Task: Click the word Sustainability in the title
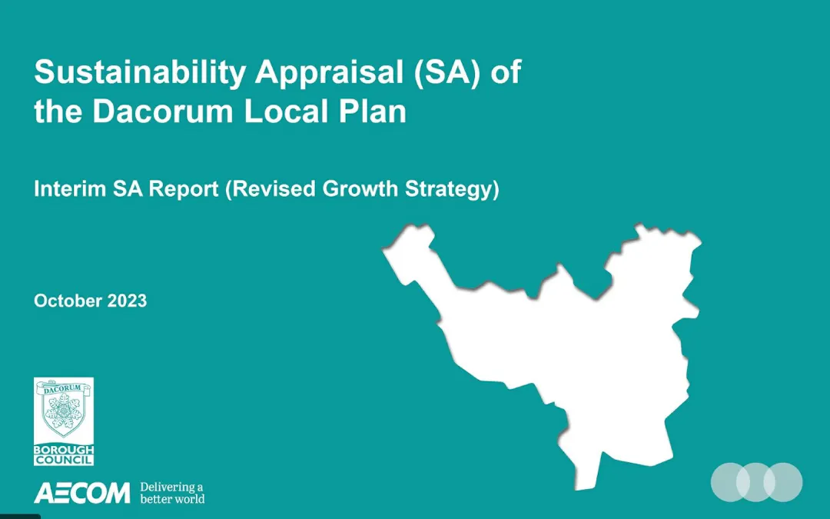tap(140, 72)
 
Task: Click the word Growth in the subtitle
tap(360, 189)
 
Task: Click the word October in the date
tap(68, 301)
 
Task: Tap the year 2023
tap(127, 301)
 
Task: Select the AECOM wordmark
tap(82, 493)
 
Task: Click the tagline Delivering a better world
tap(172, 493)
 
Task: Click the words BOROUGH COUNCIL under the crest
tap(64, 455)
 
